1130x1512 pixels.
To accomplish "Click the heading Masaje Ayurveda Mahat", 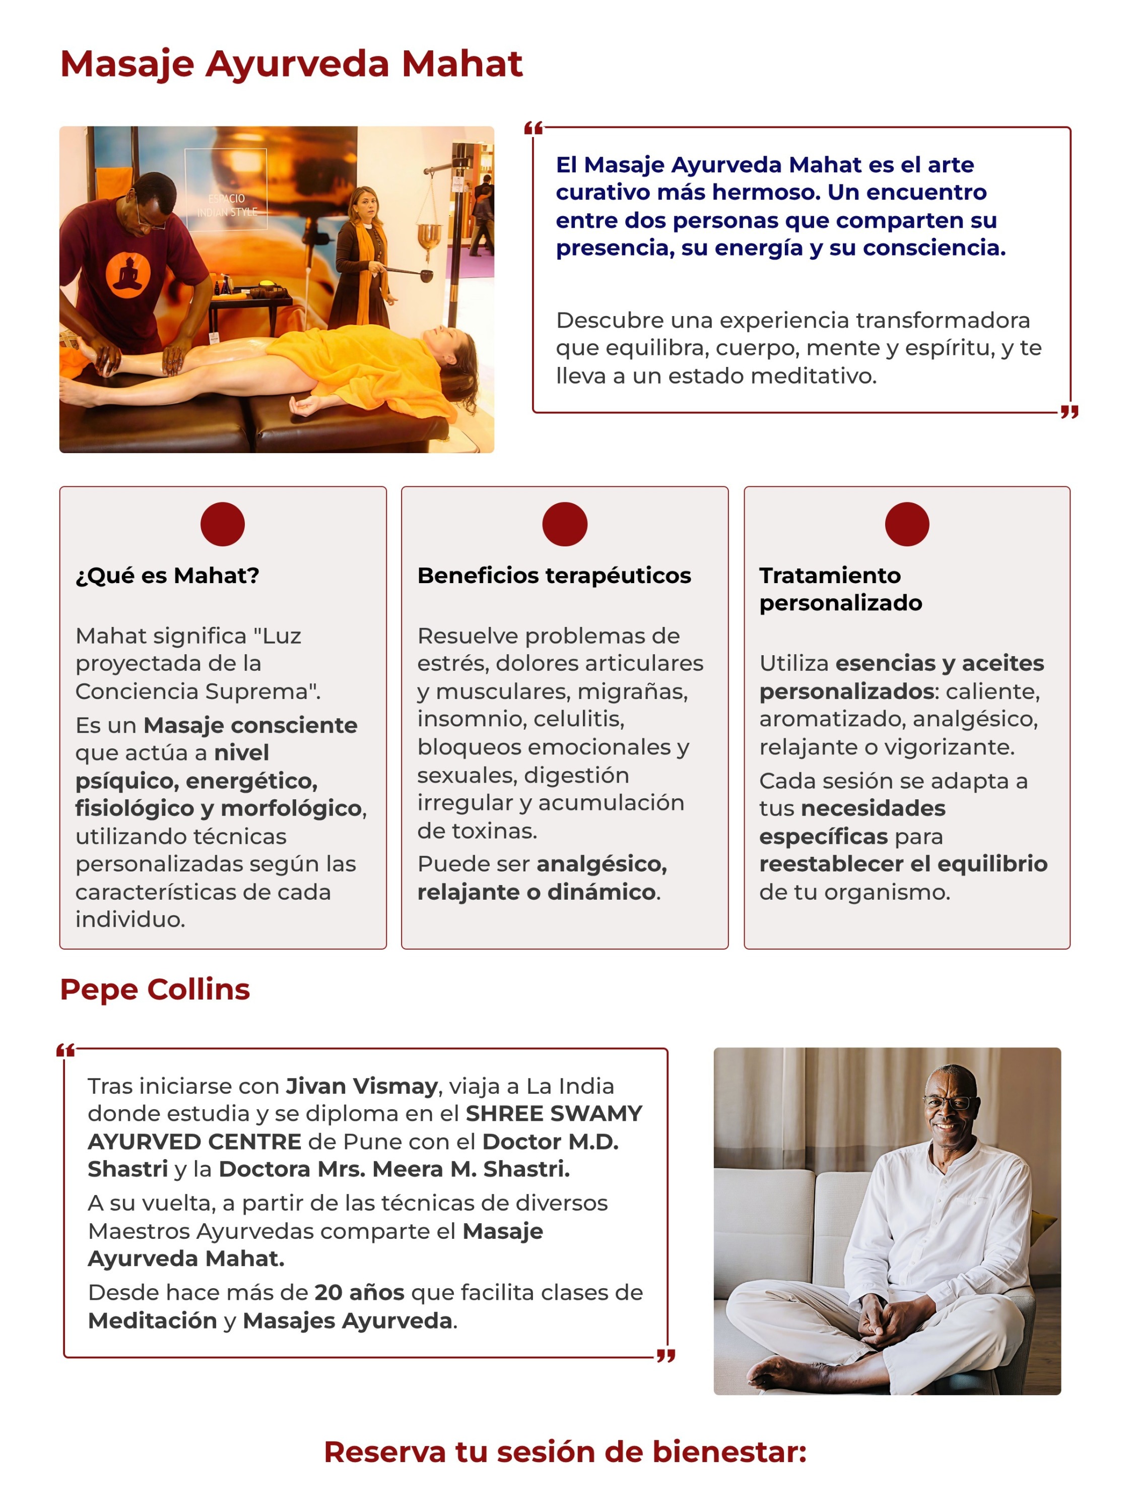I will click(291, 64).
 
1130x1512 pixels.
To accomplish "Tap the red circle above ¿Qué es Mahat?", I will click(222, 524).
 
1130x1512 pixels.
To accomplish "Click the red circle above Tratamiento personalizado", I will click(907, 524).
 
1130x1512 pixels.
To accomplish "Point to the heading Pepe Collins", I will click(155, 989).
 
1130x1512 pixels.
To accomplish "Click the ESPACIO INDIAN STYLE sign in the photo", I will click(226, 205).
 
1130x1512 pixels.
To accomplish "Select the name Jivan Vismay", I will click(361, 1086).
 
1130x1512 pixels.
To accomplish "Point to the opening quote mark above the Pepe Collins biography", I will click(65, 1051).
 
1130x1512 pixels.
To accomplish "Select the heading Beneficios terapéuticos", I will click(554, 576).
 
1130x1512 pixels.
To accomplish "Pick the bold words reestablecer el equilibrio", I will click(903, 863).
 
